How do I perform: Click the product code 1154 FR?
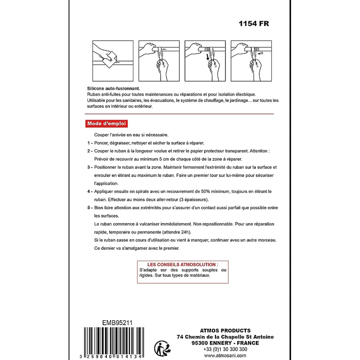[254, 24]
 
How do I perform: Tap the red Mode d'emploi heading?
[106, 124]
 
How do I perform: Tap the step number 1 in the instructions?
[88, 143]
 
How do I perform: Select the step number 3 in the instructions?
[88, 167]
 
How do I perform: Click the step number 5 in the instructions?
[88, 208]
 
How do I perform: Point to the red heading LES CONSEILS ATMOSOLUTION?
[182, 265]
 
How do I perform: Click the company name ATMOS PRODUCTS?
[225, 331]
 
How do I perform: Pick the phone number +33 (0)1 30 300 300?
[225, 349]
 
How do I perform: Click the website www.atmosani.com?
[225, 355]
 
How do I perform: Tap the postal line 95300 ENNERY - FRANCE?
[225, 343]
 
